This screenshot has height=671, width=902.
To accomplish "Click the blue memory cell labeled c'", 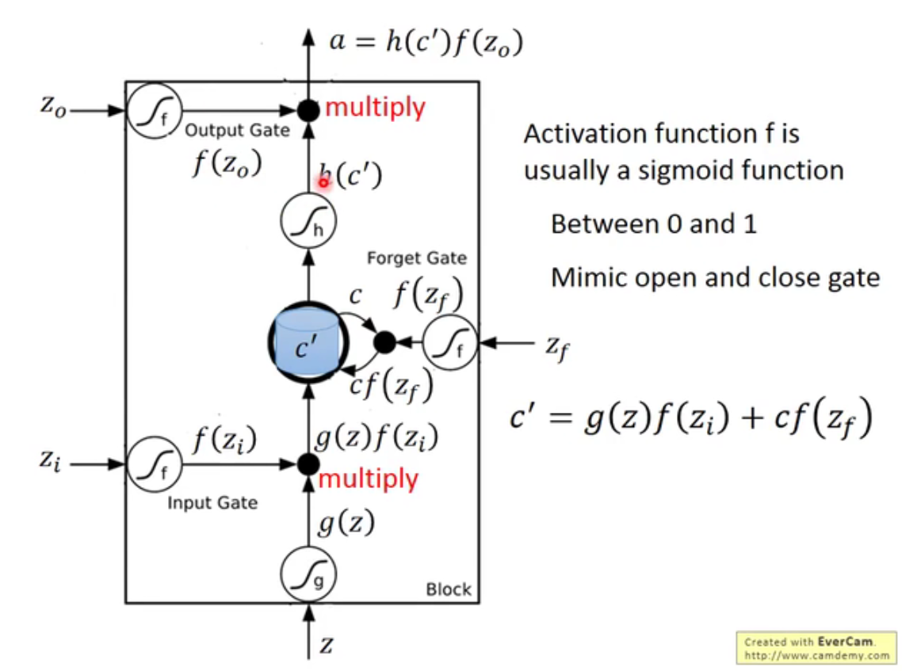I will point(306,342).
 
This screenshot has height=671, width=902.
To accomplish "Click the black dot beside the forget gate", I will point(384,342).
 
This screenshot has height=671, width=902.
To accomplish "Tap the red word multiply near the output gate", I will point(375,107).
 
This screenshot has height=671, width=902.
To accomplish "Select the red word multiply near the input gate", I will point(368,478).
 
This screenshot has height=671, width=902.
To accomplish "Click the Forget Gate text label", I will point(417,258).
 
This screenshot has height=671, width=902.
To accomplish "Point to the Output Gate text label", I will point(237,131).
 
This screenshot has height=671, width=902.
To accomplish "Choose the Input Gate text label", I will point(212,503).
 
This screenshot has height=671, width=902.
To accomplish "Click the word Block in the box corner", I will point(448,589).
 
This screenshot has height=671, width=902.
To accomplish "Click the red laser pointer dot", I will point(324,182).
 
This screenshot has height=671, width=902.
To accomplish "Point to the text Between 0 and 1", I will point(653,224).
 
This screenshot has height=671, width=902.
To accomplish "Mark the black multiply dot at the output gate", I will point(308,110).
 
